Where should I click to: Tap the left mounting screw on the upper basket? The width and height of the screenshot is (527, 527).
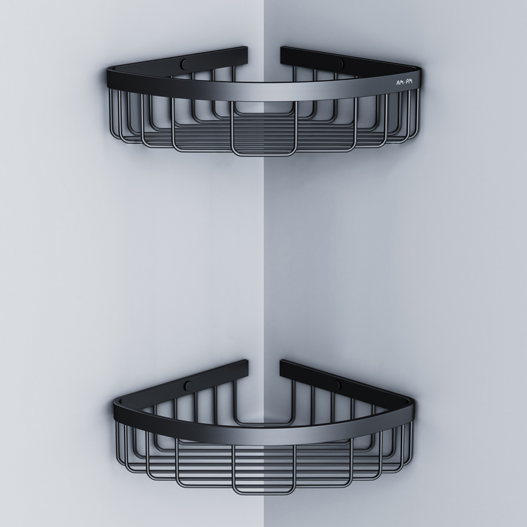click(x=184, y=63)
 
